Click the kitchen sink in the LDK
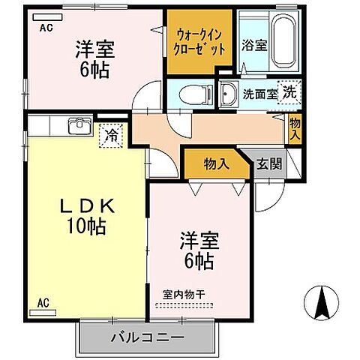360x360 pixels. (x=79, y=126)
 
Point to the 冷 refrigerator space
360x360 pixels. (x=111, y=136)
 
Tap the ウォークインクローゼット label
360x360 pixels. (x=200, y=42)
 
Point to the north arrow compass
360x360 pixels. (x=323, y=303)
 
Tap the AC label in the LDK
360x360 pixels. (x=43, y=304)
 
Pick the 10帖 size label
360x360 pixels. (x=83, y=225)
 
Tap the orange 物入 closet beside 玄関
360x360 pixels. (x=217, y=164)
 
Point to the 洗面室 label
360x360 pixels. (x=259, y=94)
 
